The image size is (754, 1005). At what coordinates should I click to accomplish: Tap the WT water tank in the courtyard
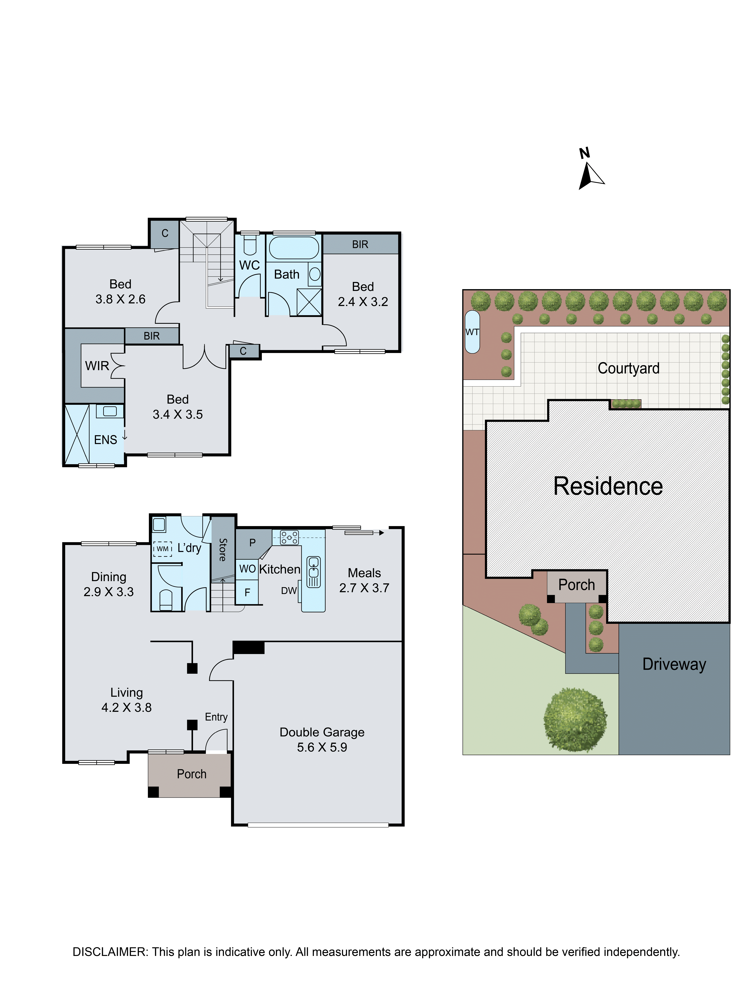(472, 332)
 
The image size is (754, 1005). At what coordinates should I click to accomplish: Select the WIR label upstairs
(97, 366)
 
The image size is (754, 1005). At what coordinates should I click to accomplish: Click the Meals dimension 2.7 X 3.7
(364, 588)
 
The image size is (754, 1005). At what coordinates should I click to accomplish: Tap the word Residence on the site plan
(608, 486)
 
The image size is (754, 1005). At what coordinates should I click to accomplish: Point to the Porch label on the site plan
(576, 585)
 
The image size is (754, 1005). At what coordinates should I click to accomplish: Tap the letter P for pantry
(252, 543)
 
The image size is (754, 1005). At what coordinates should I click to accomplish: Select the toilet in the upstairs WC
(250, 244)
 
